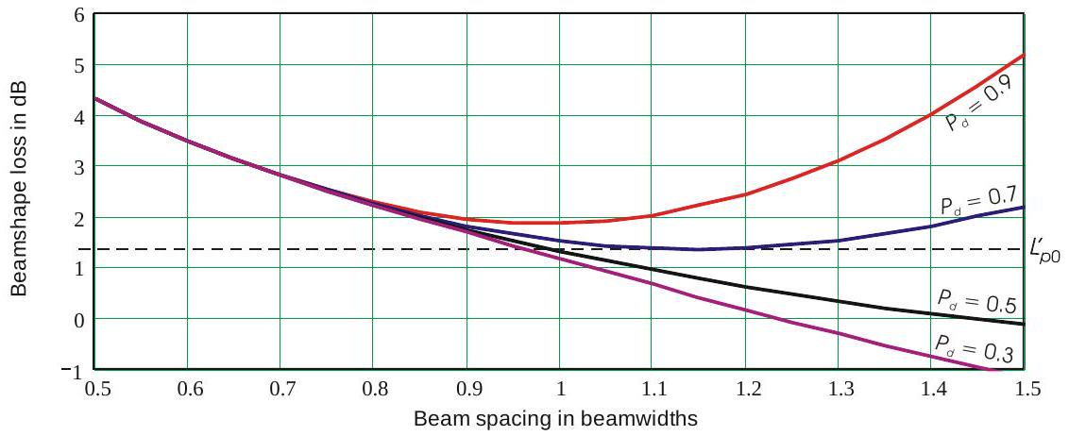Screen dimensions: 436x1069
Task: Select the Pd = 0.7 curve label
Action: click(x=976, y=201)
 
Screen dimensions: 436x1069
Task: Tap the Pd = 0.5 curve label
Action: click(x=975, y=300)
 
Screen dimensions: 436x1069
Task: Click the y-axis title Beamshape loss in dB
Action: click(x=20, y=189)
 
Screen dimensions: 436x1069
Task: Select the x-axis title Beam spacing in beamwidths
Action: click(x=555, y=417)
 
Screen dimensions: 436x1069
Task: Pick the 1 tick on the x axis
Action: click(x=560, y=388)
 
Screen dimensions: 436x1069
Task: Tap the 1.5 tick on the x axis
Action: click(x=1025, y=388)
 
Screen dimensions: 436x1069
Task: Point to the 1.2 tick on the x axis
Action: click(x=746, y=388)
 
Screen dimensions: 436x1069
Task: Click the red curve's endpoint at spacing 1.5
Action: click(x=1025, y=55)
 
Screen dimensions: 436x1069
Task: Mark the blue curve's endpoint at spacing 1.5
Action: click(x=1025, y=207)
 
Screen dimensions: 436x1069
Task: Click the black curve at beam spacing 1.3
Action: click(x=839, y=301)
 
